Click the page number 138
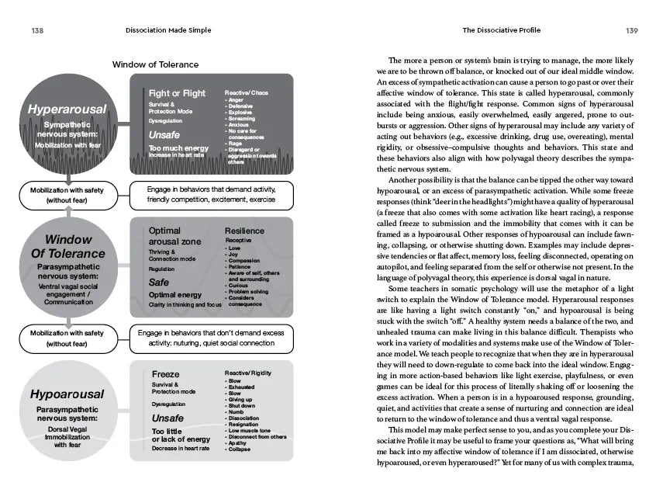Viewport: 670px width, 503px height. click(x=36, y=30)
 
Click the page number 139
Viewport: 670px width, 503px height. click(x=631, y=30)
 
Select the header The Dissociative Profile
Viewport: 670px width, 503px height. click(x=501, y=30)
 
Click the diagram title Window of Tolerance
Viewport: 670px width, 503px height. click(x=155, y=64)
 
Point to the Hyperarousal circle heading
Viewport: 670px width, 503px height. click(x=67, y=109)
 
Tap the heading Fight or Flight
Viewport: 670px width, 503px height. click(x=177, y=93)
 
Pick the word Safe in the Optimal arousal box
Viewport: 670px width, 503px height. click(x=159, y=283)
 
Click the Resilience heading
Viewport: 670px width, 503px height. click(x=244, y=231)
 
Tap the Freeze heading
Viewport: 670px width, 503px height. click(x=165, y=374)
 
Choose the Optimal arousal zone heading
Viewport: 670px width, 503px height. click(x=175, y=235)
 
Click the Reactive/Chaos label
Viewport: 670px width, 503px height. click(x=246, y=92)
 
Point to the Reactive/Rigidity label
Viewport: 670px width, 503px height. click(x=248, y=373)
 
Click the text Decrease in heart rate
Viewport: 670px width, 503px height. click(x=181, y=448)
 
